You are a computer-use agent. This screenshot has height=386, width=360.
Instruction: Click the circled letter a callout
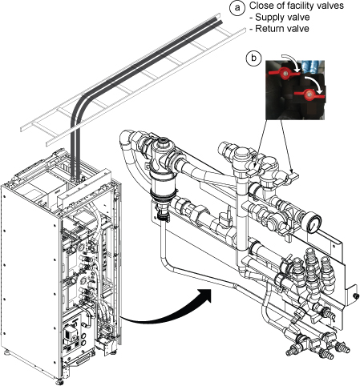coord(237,7)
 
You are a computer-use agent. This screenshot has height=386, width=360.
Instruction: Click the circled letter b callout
coord(253,58)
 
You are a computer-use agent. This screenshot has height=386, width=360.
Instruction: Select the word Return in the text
coord(269,28)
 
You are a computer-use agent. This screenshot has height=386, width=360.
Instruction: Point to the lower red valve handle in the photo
coord(309,94)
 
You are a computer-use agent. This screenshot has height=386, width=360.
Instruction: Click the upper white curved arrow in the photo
coord(293,61)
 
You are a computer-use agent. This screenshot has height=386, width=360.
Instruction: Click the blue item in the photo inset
coord(313,66)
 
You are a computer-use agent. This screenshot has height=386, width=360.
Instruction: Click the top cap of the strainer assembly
coord(162,143)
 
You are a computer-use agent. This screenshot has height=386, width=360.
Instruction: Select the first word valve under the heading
coord(298,18)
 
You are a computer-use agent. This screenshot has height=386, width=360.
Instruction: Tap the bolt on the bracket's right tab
coord(354,296)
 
